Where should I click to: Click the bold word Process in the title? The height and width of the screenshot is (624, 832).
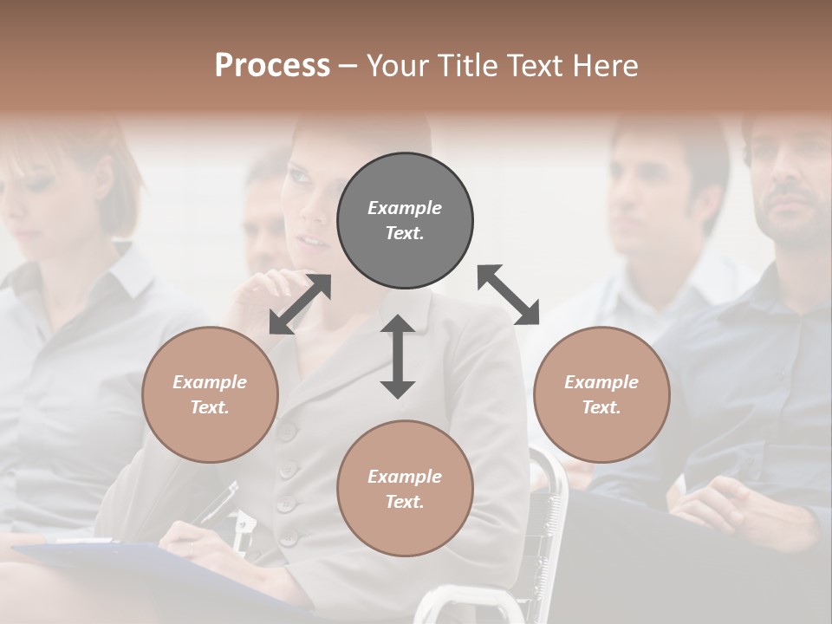(272, 66)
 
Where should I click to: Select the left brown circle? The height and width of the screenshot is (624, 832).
(210, 394)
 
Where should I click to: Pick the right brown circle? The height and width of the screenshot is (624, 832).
(601, 394)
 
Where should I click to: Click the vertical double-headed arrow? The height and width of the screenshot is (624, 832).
(398, 357)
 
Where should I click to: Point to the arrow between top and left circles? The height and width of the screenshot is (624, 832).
(300, 304)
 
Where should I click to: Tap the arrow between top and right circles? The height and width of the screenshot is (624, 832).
(509, 295)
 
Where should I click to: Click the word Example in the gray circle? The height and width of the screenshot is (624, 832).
(405, 208)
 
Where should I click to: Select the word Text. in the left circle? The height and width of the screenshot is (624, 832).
(210, 407)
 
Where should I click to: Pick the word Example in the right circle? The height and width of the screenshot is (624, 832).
(601, 382)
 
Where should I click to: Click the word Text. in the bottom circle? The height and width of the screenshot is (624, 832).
(405, 502)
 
